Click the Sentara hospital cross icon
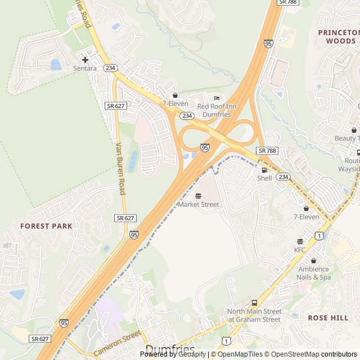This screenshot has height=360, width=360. point(85,60)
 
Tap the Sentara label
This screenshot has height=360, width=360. point(85,68)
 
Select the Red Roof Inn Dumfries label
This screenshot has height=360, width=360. point(218,110)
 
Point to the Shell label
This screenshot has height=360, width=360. point(264,178)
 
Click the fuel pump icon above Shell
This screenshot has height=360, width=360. point(264,170)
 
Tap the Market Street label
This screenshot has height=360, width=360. point(199,204)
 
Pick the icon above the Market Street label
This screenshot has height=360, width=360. point(198,196)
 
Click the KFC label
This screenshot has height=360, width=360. point(299,249)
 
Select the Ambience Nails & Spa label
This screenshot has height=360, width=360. point(314,273)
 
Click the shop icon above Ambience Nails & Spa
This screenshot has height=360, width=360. point(313,260)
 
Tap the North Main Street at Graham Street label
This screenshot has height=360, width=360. point(254,316)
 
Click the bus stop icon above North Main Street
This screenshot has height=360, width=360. point(254,303)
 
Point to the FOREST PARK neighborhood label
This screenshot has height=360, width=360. point(46,226)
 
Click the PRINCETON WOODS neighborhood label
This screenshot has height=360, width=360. point(338,37)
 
